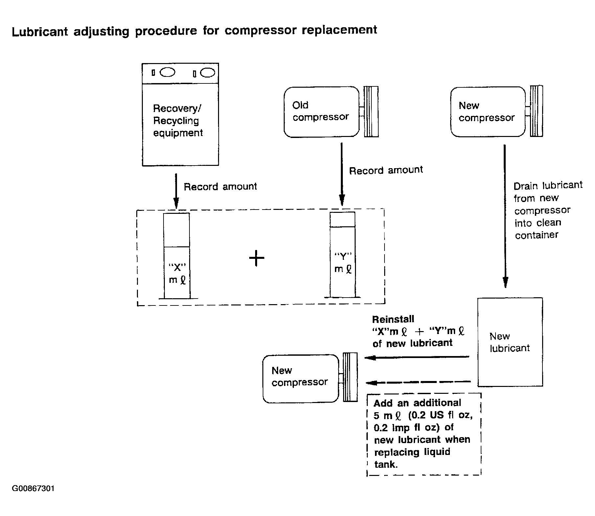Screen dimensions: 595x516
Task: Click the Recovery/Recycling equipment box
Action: click(180, 114)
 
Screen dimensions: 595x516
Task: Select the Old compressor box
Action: click(321, 112)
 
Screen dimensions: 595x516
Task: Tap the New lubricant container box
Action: click(510, 342)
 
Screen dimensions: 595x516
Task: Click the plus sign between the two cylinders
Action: click(257, 258)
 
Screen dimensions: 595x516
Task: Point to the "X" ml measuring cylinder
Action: click(177, 256)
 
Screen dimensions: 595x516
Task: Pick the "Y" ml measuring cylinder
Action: click(342, 255)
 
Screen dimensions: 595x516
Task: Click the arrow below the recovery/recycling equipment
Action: click(176, 191)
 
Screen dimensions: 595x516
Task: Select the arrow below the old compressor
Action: click(342, 174)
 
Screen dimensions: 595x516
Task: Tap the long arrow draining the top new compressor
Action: click(505, 216)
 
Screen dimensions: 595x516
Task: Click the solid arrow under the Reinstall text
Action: click(417, 357)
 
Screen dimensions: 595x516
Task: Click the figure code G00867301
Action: click(33, 488)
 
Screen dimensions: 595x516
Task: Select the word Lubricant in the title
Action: click(40, 32)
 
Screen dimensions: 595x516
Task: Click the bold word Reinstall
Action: click(393, 319)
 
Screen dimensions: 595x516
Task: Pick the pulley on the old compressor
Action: click(371, 112)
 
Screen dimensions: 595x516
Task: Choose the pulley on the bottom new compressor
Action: click(350, 377)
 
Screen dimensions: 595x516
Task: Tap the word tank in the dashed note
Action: click(386, 464)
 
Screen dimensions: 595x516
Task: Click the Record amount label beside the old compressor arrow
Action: click(386, 170)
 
